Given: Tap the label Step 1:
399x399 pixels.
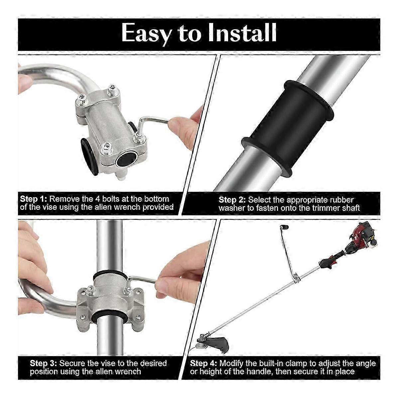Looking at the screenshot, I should pos(34,199).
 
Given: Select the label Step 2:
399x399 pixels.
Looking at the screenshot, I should pos(232,200).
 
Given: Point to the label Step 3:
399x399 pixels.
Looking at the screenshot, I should pos(44,354).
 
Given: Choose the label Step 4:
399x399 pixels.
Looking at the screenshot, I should pos(203,354).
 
